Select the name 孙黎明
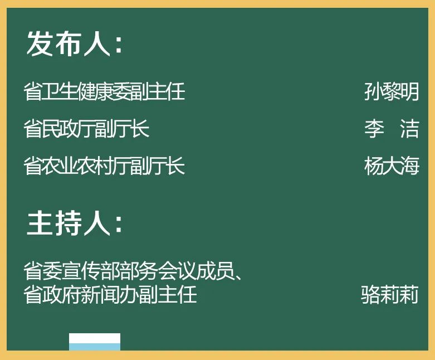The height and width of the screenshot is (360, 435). point(392,91)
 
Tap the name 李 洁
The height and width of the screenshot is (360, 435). point(392,129)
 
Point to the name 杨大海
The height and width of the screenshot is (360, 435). point(392,166)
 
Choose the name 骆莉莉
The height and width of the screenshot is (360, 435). point(389,294)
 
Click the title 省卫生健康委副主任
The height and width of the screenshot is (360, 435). point(104,91)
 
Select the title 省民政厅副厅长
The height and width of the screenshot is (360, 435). point(86,129)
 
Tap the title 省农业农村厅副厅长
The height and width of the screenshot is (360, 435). point(104,166)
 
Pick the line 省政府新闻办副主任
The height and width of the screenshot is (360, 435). point(110,294)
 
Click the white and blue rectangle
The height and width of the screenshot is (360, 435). point(95,342)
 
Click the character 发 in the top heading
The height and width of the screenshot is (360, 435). point(40,43)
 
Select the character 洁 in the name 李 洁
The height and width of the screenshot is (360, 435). point(409,129)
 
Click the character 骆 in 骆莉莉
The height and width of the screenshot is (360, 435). point(370,294)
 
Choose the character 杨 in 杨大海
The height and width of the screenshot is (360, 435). point(373,166)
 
